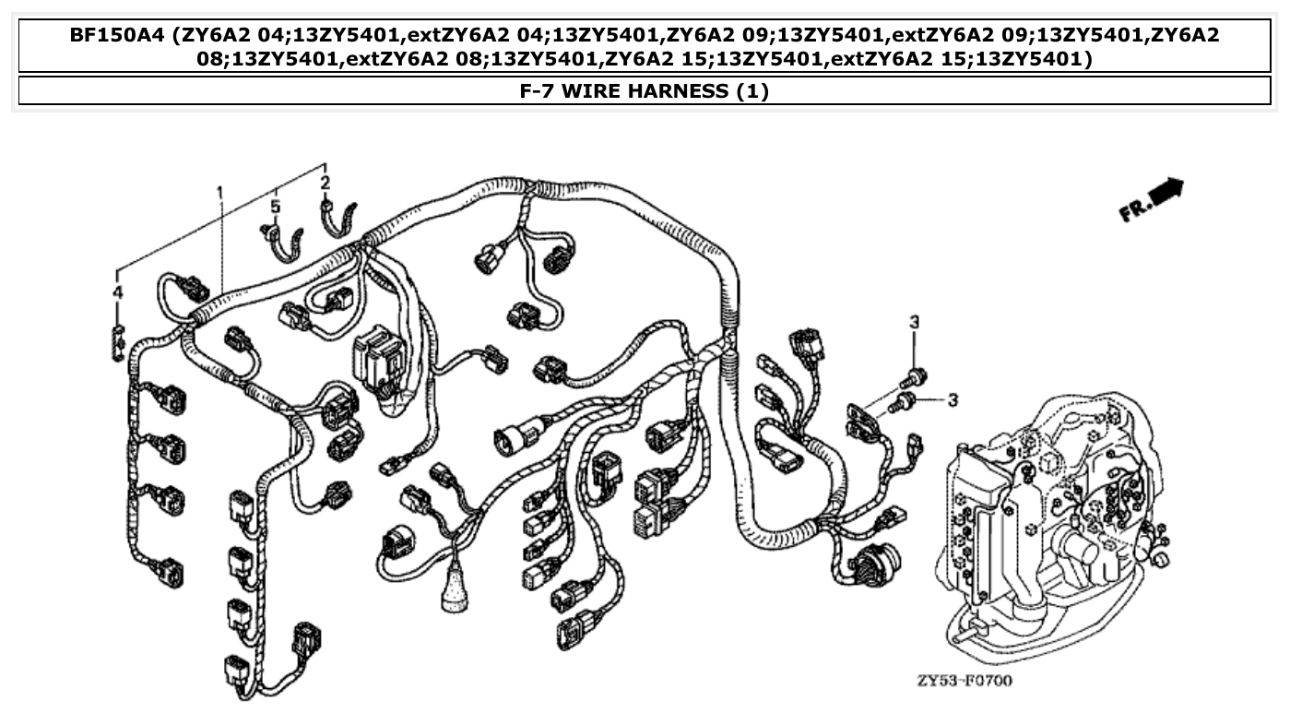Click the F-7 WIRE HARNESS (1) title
tap(644, 91)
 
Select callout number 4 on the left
tap(117, 292)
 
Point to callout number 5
tap(276, 207)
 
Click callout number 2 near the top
tap(325, 183)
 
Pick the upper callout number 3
tap(914, 322)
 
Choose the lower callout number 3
tap(953, 399)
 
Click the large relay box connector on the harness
tap(378, 354)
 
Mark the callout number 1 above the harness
tap(220, 192)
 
